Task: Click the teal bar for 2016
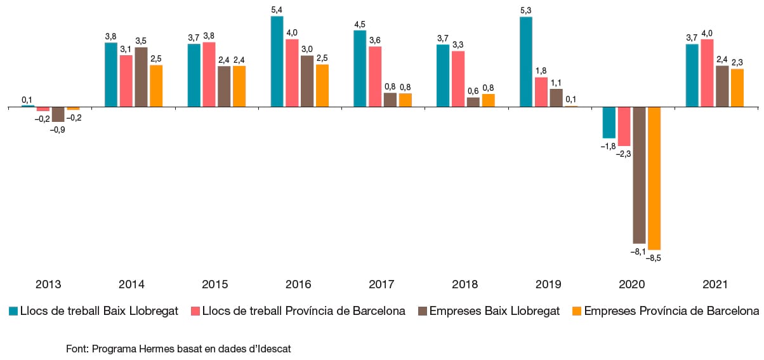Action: click(277, 62)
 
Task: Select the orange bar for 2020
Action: click(654, 178)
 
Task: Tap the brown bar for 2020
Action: click(639, 175)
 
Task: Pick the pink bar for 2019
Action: click(541, 92)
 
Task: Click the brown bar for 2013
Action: click(58, 114)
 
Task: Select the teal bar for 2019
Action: click(526, 62)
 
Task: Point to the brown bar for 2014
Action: click(142, 77)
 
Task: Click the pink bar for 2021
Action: click(707, 74)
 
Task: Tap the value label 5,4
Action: click(277, 10)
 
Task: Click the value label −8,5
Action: click(653, 258)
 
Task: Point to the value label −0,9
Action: click(57, 130)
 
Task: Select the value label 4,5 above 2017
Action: click(360, 25)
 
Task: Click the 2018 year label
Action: click(464, 284)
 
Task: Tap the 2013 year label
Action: click(48, 284)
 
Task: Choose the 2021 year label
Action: click(715, 284)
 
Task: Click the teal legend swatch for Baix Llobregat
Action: click(13, 311)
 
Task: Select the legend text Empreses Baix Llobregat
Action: click(494, 311)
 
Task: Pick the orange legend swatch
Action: click(577, 311)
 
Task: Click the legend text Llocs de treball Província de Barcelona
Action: click(303, 311)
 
